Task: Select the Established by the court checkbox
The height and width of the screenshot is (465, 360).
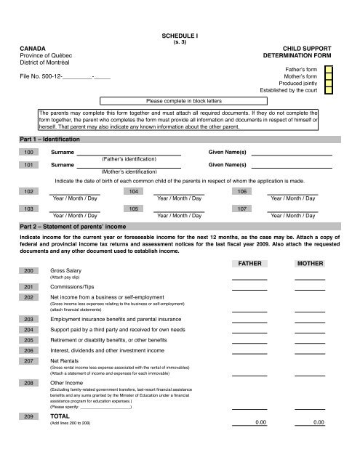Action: pos(329,93)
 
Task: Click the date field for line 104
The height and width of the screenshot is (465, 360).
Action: pos(178,191)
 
